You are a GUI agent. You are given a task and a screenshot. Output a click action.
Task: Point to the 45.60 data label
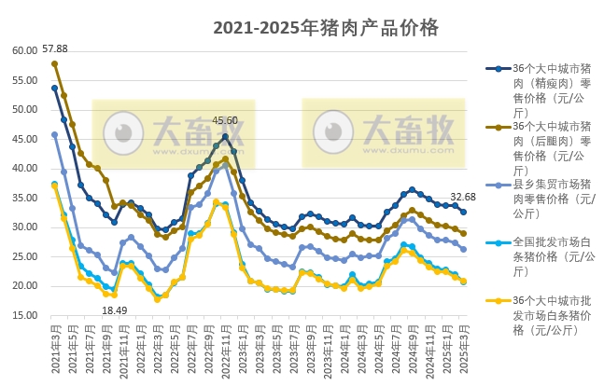225,120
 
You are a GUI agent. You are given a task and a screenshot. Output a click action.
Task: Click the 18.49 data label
114,309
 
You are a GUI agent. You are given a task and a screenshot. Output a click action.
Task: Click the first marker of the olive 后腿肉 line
55,63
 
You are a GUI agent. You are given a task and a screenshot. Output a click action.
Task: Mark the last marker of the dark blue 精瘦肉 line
464,212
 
